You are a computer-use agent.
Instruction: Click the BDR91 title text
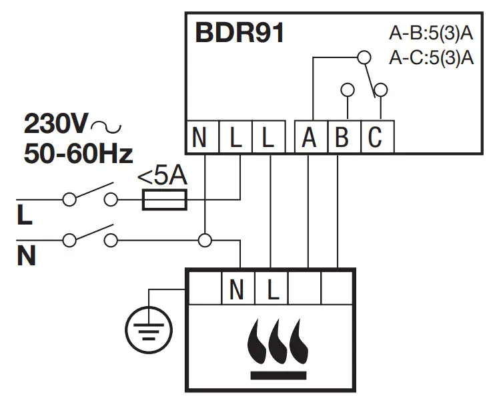pyautogui.click(x=239, y=34)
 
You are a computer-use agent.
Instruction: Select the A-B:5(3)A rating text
pyautogui.click(x=431, y=34)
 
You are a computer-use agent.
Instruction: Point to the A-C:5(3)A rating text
pyautogui.click(x=431, y=57)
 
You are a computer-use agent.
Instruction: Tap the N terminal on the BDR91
pyautogui.click(x=199, y=138)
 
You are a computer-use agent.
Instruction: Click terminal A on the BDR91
pyautogui.click(x=308, y=138)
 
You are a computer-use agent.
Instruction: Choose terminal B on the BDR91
pyautogui.click(x=342, y=138)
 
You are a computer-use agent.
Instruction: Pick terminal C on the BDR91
pyautogui.click(x=375, y=138)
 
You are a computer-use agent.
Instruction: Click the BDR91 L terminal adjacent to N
pyautogui.click(x=235, y=138)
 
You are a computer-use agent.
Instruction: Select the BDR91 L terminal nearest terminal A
pyautogui.click(x=268, y=138)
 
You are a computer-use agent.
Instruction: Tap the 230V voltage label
pyautogui.click(x=56, y=124)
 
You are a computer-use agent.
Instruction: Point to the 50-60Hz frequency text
pyautogui.click(x=78, y=154)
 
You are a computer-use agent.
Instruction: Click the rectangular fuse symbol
pyautogui.click(x=165, y=199)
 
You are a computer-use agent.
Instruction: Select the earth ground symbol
pyautogui.click(x=148, y=328)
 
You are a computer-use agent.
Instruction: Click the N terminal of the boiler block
pyautogui.click(x=237, y=289)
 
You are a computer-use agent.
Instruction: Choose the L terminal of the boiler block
pyautogui.click(x=271, y=289)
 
